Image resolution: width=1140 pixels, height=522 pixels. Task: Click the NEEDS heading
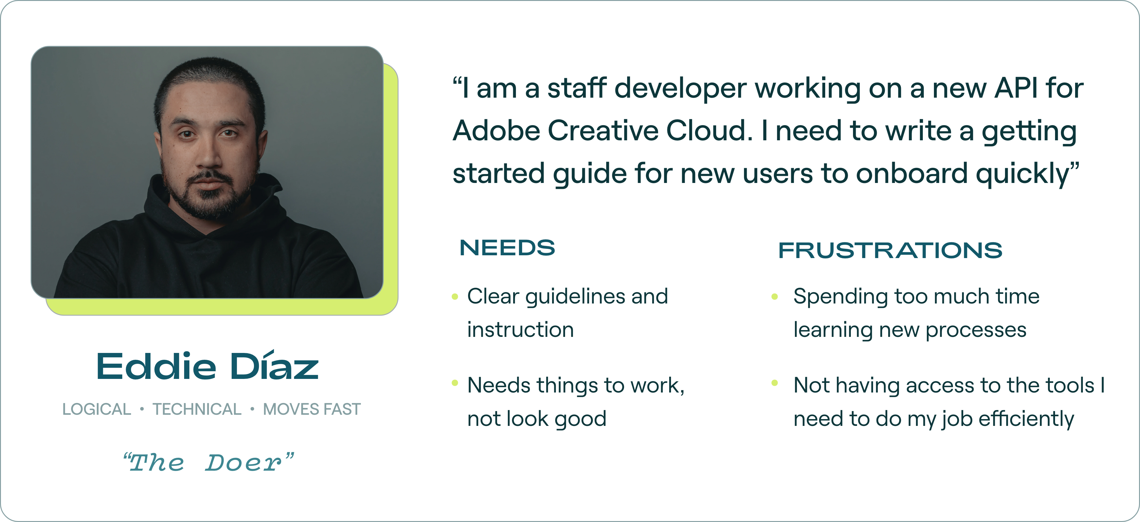[x=507, y=248]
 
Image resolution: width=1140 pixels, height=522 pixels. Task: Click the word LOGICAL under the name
[x=96, y=409]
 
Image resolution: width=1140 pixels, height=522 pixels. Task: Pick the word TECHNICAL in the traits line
[x=197, y=409]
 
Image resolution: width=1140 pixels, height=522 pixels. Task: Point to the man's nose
[x=208, y=151]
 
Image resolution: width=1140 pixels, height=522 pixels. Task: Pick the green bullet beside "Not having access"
[x=775, y=383]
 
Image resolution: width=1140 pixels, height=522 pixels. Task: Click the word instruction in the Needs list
[x=521, y=330]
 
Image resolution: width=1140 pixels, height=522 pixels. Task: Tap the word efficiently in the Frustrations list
[x=1026, y=419]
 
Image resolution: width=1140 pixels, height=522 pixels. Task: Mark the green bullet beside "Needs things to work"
[x=454, y=383]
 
